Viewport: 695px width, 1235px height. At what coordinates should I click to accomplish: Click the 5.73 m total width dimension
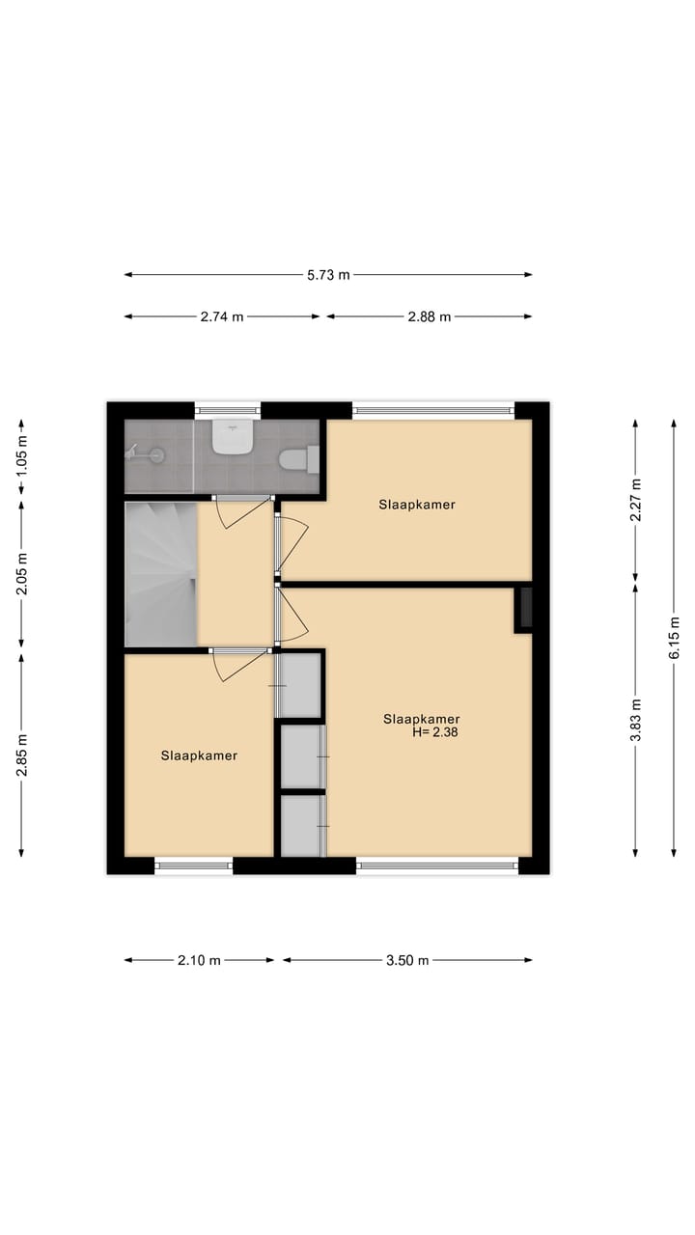(x=328, y=275)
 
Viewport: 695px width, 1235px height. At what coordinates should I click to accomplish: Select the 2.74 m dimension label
(x=222, y=316)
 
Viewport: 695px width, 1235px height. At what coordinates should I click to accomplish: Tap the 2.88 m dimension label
(x=430, y=316)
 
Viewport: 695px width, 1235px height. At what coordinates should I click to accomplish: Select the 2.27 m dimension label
(x=635, y=499)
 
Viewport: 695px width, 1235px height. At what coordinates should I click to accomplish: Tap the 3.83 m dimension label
(x=635, y=719)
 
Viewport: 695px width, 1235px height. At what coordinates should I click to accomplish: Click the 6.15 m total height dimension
(x=674, y=638)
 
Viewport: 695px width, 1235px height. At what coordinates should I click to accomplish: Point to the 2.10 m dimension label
(x=200, y=960)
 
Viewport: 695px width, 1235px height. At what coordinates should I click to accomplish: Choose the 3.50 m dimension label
(x=407, y=960)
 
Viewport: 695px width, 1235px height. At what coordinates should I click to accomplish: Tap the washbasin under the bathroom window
(x=233, y=439)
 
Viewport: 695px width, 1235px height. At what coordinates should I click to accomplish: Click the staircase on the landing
(x=160, y=574)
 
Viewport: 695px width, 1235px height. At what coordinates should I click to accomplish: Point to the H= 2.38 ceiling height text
(x=433, y=732)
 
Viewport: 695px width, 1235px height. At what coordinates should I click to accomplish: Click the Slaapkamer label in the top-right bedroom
(x=416, y=505)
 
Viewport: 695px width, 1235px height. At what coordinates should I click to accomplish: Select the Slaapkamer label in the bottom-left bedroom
(x=199, y=755)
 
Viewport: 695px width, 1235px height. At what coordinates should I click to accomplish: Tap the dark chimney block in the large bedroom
(x=525, y=609)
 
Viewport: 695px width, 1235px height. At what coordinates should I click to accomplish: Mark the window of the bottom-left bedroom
(x=194, y=865)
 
